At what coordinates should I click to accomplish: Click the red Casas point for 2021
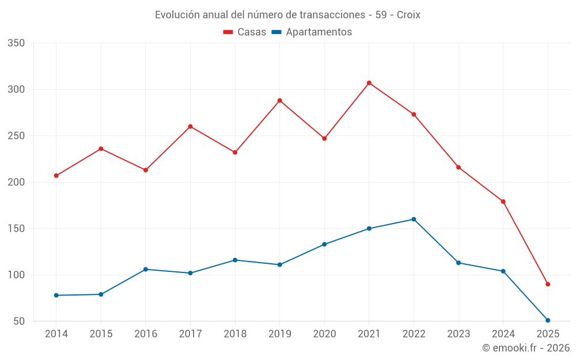369,83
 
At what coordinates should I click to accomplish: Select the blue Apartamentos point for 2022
414,219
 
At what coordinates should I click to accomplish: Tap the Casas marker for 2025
548,284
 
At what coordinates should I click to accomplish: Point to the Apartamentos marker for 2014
56,295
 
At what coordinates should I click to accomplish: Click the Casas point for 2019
279,100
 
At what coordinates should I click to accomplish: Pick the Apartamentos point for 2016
146,270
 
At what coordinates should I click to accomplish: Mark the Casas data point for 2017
190,127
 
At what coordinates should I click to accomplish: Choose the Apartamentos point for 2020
324,244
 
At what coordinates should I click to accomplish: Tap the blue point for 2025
548,320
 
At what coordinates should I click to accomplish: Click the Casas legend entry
245,32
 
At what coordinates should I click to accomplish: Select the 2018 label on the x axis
235,334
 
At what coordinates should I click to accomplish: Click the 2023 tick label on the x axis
458,334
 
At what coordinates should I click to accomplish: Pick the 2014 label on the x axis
56,334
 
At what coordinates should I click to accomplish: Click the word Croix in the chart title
408,15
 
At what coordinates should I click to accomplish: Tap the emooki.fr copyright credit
525,348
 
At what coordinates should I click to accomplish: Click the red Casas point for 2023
458,167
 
